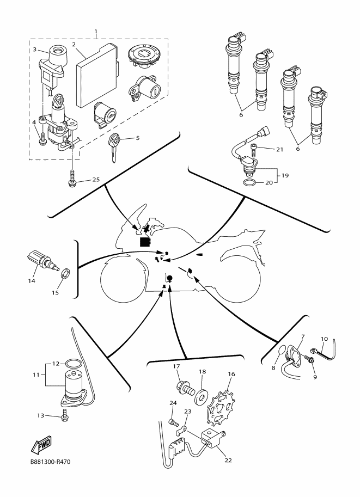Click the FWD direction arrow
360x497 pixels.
[x=41, y=444]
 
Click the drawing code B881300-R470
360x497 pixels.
[x=51, y=462]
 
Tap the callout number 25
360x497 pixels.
[x=96, y=180]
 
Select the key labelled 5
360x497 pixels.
[x=113, y=147]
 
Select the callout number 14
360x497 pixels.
[x=32, y=281]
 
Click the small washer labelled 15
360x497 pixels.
[x=66, y=273]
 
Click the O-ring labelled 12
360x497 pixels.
[x=72, y=363]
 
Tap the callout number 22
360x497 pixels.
[x=228, y=460]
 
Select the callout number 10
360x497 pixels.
[x=324, y=339]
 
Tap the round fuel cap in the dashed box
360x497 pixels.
[x=143, y=57]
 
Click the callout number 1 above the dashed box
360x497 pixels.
[x=96, y=32]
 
